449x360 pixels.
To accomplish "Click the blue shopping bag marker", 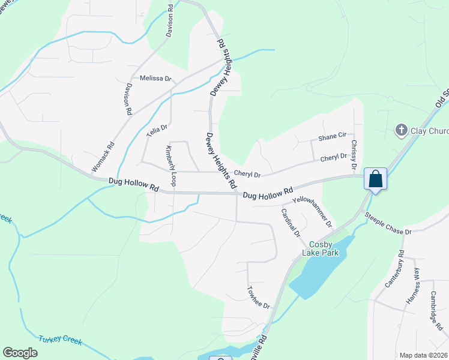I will (x=375, y=179).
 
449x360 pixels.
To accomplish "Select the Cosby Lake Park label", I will (x=324, y=248).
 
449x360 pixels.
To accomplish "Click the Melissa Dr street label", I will (x=155, y=79).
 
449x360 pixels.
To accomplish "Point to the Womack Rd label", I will (x=103, y=157).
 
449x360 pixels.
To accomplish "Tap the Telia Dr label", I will (x=157, y=131).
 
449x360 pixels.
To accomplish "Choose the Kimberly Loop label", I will (x=170, y=166).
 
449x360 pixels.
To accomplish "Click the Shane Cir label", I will (x=333, y=137).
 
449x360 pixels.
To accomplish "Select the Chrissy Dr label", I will (x=354, y=154).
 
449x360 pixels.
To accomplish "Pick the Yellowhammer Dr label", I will (x=312, y=212).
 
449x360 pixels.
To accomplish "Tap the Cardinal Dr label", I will (x=290, y=222).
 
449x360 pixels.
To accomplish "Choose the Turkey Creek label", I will (x=60, y=340).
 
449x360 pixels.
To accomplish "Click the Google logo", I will (x=20, y=353).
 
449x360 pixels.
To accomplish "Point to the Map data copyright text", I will (x=424, y=355).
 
